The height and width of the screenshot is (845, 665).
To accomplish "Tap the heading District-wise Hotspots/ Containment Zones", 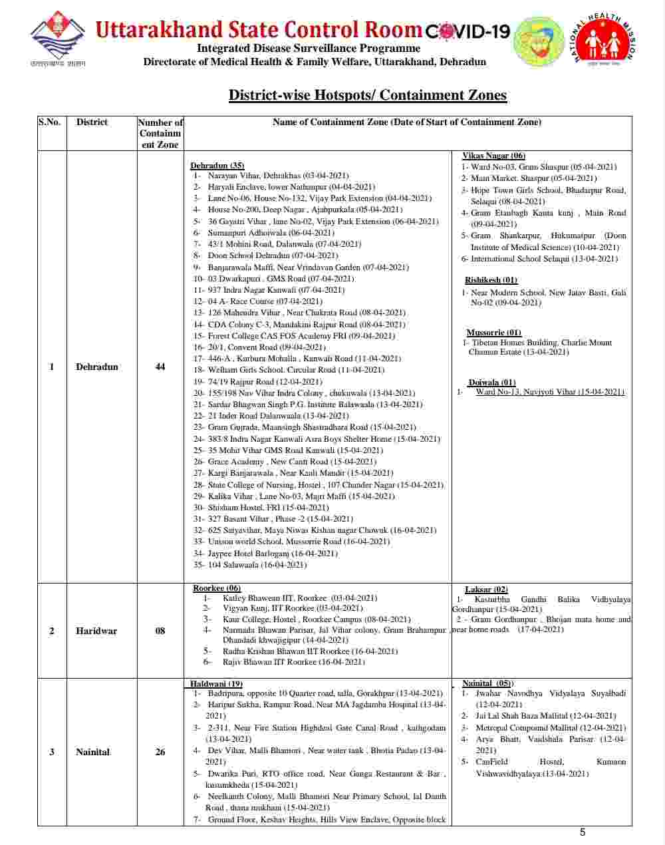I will tap(368, 95).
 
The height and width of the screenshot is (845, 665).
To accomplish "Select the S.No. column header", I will tap(49, 122).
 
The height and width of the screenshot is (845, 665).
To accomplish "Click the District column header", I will tap(92, 122).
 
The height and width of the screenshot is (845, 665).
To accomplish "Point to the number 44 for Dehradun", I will tap(160, 367).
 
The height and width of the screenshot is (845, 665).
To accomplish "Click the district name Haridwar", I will tap(96, 631).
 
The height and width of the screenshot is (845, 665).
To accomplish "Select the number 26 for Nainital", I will tap(160, 752).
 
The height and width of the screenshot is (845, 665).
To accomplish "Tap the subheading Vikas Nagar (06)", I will tap(493, 156).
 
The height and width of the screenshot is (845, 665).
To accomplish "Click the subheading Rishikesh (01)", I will tap(491, 280).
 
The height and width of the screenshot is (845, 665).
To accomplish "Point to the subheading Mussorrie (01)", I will tap(493, 333).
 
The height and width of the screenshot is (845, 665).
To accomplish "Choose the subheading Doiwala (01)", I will tap(491, 383).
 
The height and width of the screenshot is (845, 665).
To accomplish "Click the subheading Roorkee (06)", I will tap(217, 588).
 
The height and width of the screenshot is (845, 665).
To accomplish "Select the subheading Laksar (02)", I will tap(486, 590).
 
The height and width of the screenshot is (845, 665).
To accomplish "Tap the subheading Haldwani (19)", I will tap(216, 684).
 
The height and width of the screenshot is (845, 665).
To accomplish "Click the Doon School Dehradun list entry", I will tap(273, 255).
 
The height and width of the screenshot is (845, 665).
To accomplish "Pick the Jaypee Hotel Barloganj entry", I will tap(273, 553).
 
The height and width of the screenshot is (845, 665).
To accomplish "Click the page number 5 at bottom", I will tap(583, 832).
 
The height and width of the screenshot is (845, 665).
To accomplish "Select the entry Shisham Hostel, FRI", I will tap(268, 507).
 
